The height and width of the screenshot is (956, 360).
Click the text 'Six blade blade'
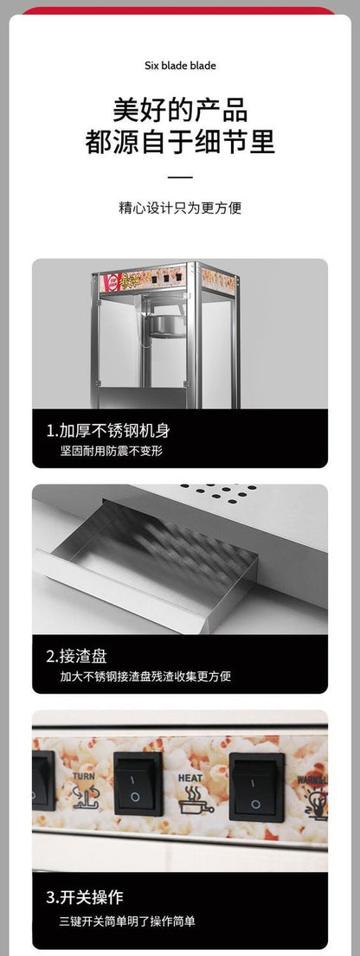(x=180, y=66)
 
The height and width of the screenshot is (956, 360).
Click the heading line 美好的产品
(x=180, y=111)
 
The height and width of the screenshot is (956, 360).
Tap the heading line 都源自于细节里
(x=180, y=143)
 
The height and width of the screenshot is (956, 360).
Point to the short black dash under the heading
(x=180, y=177)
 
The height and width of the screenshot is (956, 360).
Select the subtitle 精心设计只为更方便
(x=180, y=209)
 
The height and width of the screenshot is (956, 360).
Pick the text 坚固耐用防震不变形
(x=112, y=452)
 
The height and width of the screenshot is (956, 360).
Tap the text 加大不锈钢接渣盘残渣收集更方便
(x=145, y=677)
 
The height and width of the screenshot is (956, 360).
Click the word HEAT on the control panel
(x=190, y=778)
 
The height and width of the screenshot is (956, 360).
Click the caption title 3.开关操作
(x=84, y=896)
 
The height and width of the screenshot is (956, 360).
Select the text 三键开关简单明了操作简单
(x=127, y=919)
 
